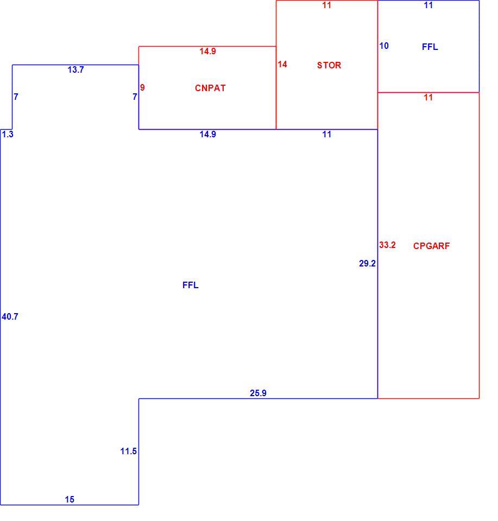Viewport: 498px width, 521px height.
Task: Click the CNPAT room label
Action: (x=210, y=88)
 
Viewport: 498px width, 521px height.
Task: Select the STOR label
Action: (x=329, y=65)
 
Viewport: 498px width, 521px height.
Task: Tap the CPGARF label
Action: (x=431, y=246)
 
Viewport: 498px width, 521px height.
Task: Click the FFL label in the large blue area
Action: (x=191, y=285)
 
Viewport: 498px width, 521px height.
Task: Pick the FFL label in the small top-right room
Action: (x=430, y=47)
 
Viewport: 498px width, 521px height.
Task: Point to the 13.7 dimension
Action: (x=76, y=70)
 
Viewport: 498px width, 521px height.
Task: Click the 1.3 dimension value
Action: (x=8, y=134)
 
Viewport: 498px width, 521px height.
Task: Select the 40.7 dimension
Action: (x=10, y=316)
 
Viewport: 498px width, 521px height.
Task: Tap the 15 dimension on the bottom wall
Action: (x=70, y=499)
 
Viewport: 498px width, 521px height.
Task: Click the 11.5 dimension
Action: (x=128, y=451)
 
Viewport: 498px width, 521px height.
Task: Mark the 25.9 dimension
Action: (x=258, y=393)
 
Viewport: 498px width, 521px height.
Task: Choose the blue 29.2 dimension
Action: (x=367, y=264)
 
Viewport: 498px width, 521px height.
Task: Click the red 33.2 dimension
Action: (x=387, y=245)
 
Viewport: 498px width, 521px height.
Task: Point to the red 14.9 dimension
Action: (x=208, y=51)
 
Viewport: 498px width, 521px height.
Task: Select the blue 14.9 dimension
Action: (x=208, y=134)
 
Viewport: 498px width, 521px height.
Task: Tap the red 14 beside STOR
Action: (x=282, y=64)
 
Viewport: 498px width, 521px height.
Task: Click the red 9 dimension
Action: (x=142, y=87)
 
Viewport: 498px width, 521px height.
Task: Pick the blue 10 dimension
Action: (x=384, y=46)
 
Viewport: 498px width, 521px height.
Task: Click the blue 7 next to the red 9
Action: (x=135, y=97)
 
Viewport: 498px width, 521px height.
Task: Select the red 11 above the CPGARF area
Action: (x=428, y=97)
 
